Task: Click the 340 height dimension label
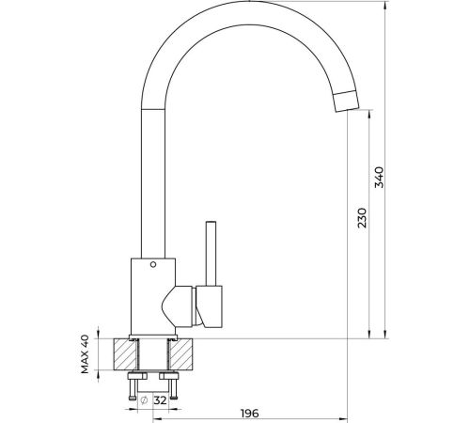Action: [380, 178]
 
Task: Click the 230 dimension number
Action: [362, 218]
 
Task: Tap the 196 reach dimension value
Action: [250, 414]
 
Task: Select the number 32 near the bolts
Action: [160, 400]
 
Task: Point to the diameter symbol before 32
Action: [144, 400]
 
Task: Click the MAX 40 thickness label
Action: [85, 354]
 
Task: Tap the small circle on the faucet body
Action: [153, 264]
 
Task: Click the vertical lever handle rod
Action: [211, 254]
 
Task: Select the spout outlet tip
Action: [346, 102]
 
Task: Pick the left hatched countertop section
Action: [125, 354]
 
